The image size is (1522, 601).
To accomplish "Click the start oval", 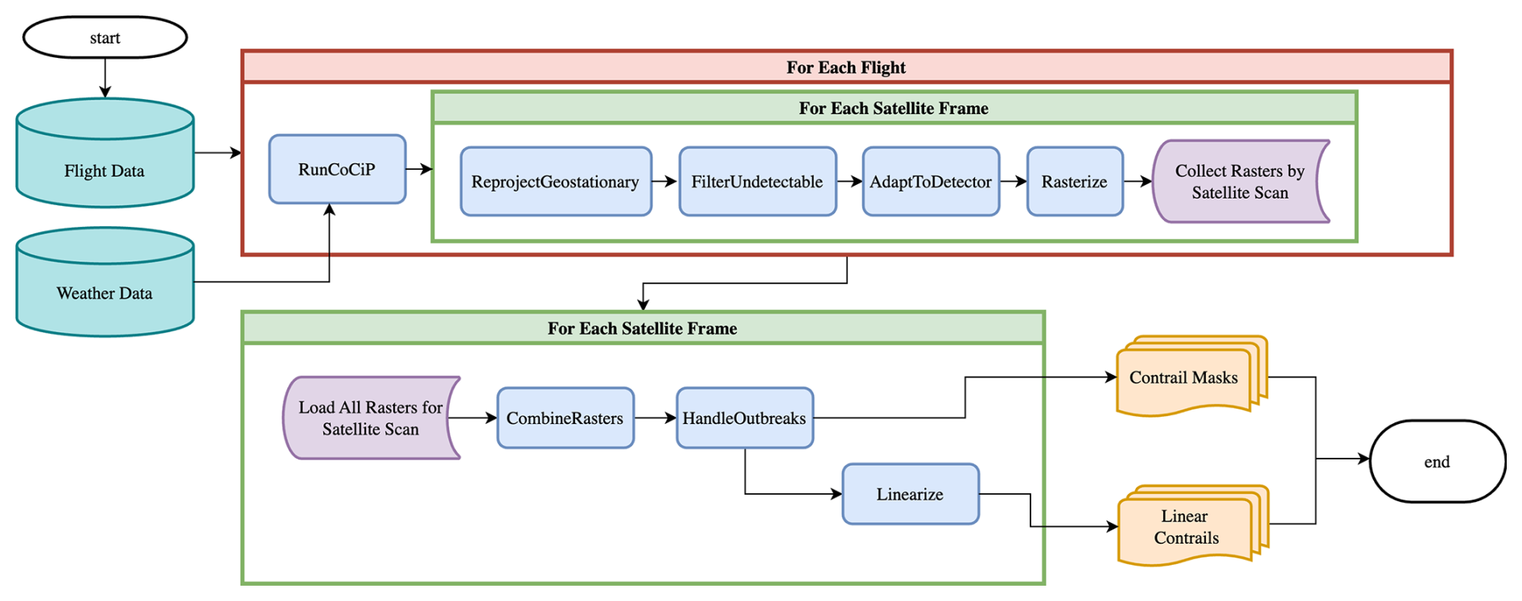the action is pos(105,38).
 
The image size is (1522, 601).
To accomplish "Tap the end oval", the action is pos(1438,461).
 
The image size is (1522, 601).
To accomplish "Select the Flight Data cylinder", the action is pos(105,153).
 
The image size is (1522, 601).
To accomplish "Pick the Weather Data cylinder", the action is pos(105,282).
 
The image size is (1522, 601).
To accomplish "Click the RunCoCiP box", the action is pos(337,169).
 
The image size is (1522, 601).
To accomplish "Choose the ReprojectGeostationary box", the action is pos(556,182).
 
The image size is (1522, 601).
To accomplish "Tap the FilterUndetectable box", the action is pos(758,182).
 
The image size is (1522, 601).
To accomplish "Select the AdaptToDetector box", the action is pos(931,182).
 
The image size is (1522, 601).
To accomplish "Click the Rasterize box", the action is pos(1075,182).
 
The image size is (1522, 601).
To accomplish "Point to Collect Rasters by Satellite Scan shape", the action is pos(1239,182).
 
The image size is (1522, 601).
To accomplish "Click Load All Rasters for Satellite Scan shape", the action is pos(370,418).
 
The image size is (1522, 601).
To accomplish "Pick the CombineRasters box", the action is pos(566,418).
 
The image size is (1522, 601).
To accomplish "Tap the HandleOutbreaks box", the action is pos(745,418).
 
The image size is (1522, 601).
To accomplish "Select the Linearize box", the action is pos(911,494).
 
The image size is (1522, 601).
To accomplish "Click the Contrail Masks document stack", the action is pos(1191,377).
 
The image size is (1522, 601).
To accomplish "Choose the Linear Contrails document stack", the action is pos(1192,526).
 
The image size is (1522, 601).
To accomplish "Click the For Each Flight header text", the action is pos(846,68).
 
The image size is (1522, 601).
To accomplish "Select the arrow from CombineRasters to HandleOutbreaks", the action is pos(656,418).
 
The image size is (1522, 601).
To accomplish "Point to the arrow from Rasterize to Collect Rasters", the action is pos(1138,182).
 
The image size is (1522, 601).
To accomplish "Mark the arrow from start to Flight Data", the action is pos(105,78).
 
